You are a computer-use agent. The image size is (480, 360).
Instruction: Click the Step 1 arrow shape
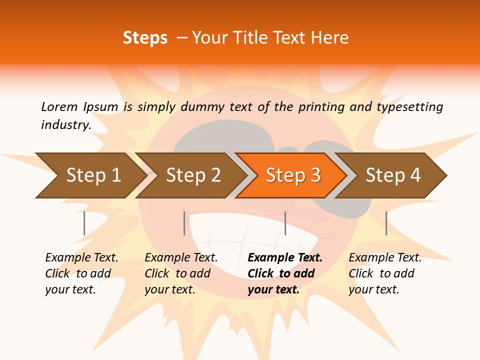(x=90, y=175)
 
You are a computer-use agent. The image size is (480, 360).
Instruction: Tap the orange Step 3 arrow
(x=293, y=175)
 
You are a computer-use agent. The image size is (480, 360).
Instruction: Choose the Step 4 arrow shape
(x=393, y=175)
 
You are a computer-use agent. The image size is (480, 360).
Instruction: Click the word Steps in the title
(x=145, y=38)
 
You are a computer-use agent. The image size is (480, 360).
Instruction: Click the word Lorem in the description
(x=59, y=106)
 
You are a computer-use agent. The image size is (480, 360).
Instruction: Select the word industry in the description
(x=65, y=125)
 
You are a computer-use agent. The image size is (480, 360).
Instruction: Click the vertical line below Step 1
(x=84, y=223)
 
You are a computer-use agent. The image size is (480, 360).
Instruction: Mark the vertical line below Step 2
(x=184, y=223)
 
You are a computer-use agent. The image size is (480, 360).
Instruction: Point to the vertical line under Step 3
(x=285, y=223)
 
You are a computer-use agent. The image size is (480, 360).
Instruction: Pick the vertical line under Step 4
(x=386, y=223)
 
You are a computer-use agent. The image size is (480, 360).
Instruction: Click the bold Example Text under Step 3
(x=285, y=258)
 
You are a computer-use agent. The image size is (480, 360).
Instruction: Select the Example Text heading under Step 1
(x=81, y=258)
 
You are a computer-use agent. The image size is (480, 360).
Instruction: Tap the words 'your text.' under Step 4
(x=373, y=289)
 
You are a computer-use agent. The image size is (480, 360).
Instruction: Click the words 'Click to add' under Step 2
(x=177, y=273)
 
